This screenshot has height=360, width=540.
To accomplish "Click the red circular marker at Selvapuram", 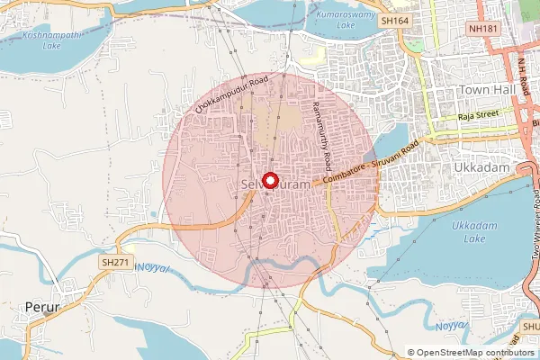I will (x=268, y=180).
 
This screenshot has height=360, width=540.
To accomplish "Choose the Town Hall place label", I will (x=485, y=90).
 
